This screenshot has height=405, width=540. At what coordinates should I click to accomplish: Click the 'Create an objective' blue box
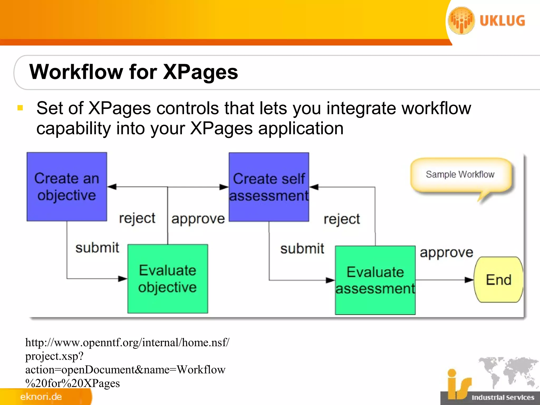pyautogui.click(x=67, y=186)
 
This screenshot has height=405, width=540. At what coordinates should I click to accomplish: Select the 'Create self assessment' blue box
pyautogui.click(x=269, y=187)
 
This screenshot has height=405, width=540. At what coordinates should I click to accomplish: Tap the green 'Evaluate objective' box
pyautogui.click(x=168, y=279)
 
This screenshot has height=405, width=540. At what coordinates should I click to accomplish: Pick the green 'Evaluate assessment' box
pyautogui.click(x=375, y=280)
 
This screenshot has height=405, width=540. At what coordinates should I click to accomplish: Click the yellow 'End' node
pyautogui.click(x=498, y=279)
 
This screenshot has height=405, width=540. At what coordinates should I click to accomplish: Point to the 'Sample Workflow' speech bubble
pyautogui.click(x=460, y=175)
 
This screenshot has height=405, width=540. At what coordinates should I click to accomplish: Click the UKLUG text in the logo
pyautogui.click(x=502, y=21)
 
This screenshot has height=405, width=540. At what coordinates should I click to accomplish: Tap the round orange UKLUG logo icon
pyautogui.click(x=461, y=21)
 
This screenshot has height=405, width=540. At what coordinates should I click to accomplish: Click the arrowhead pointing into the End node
pyautogui.click(x=469, y=280)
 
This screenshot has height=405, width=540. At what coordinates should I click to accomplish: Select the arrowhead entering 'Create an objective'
pyautogui.click(x=112, y=187)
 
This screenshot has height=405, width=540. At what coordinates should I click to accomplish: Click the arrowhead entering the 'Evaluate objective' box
pyautogui.click(x=123, y=279)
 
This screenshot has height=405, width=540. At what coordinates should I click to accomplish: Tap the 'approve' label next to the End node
pyautogui.click(x=446, y=253)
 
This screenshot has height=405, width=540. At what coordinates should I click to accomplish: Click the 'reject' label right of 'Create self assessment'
pyautogui.click(x=342, y=219)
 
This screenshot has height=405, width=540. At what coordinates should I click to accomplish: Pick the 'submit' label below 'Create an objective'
pyautogui.click(x=97, y=248)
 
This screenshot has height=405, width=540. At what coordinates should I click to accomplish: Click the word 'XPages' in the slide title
pyautogui.click(x=200, y=72)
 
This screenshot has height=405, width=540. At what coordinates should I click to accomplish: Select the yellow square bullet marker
pyautogui.click(x=20, y=108)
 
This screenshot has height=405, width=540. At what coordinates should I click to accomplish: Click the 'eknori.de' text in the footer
pyautogui.click(x=41, y=397)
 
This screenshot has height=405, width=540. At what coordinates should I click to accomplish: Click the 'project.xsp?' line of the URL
pyautogui.click(x=54, y=356)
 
